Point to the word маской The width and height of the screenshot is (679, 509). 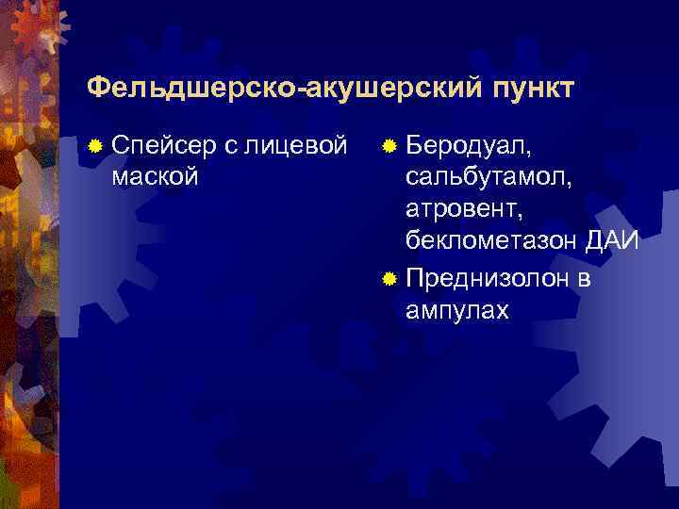click(155, 176)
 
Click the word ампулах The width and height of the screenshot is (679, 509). click(456, 310)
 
